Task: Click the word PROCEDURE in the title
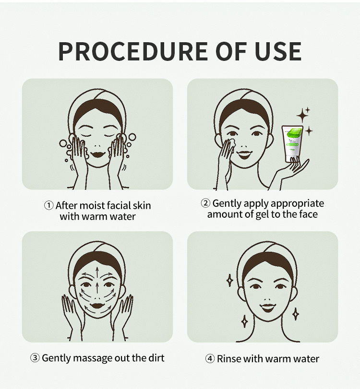click(x=133, y=51)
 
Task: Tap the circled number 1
click(x=48, y=205)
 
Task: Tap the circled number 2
click(x=205, y=203)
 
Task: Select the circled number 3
click(x=35, y=358)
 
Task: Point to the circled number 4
click(x=210, y=359)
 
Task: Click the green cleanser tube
click(x=292, y=143)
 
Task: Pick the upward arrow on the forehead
click(x=97, y=272)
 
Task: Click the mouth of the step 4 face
click(x=268, y=307)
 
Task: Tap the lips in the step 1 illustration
click(x=98, y=154)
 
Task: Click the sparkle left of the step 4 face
click(x=230, y=280)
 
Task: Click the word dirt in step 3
click(x=156, y=358)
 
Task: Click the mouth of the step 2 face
click(x=244, y=154)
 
